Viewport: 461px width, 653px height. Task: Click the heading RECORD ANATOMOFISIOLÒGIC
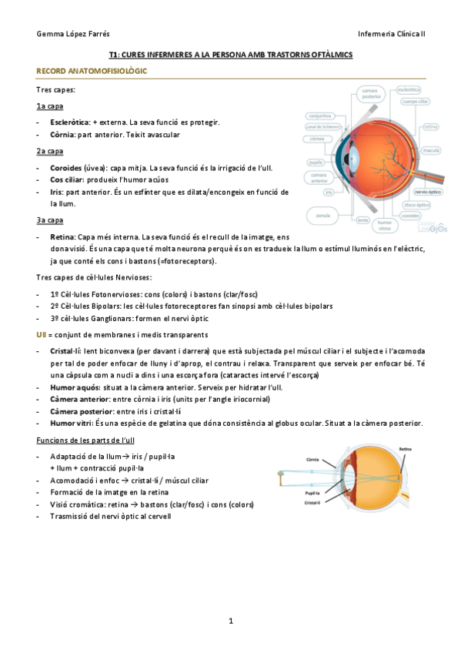click(92, 71)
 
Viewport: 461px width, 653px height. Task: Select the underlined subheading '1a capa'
click(49, 106)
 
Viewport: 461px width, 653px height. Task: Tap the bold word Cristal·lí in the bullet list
click(66, 350)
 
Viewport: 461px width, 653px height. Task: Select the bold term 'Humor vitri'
click(71, 424)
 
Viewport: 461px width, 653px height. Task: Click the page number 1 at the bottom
click(230, 620)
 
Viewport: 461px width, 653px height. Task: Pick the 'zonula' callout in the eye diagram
click(323, 216)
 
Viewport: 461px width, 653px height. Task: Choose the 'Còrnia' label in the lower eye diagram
click(313, 458)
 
